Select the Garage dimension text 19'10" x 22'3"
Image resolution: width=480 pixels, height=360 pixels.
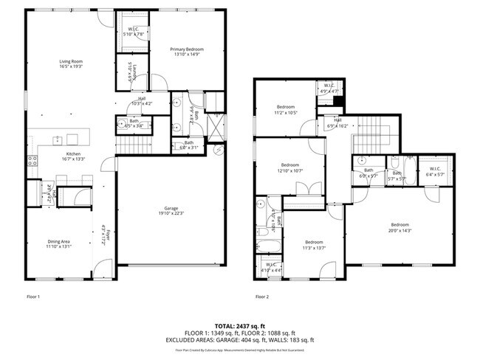click(170, 213)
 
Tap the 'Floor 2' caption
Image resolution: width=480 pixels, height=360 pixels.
click(262, 297)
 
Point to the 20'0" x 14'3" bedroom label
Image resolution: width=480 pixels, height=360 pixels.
click(400, 227)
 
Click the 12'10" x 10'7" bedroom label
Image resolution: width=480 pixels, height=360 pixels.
click(289, 167)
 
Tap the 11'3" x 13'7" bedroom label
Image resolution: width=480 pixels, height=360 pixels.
click(314, 245)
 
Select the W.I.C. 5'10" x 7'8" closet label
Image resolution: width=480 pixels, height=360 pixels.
click(134, 32)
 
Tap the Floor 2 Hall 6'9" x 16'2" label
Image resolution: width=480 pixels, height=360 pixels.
click(337, 123)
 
